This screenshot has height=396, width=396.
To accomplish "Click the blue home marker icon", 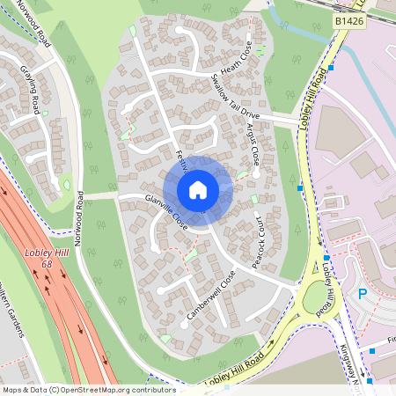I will [198, 189].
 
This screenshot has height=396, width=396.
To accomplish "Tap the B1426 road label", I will [349, 19].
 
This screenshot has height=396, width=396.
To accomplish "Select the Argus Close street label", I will [253, 144].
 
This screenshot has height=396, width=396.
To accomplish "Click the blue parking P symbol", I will [362, 294].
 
